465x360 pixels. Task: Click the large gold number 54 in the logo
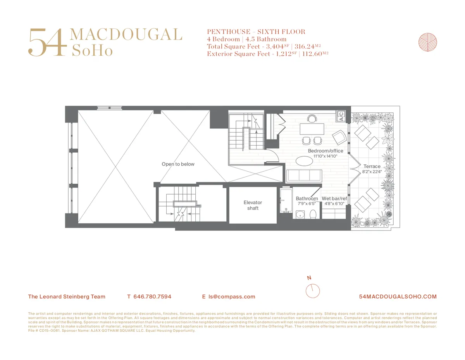tap(45, 42)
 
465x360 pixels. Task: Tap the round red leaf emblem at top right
tap(428, 42)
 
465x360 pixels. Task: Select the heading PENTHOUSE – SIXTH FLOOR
tap(256, 32)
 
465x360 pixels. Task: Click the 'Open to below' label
tap(178, 164)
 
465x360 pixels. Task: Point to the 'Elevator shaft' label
tap(253, 205)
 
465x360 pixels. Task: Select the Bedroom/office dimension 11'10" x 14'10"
tap(325, 157)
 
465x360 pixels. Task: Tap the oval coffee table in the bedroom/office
tap(305, 161)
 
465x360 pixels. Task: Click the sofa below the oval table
tap(304, 176)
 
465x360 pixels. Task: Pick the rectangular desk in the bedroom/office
tap(312, 128)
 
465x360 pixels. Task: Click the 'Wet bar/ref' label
tap(334, 198)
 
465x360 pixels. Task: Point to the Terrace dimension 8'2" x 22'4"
tap(372, 172)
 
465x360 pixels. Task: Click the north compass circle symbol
tap(312, 291)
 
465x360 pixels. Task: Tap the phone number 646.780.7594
tap(152, 296)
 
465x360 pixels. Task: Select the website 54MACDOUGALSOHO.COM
tap(398, 296)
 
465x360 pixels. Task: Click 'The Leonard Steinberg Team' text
tap(67, 296)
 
